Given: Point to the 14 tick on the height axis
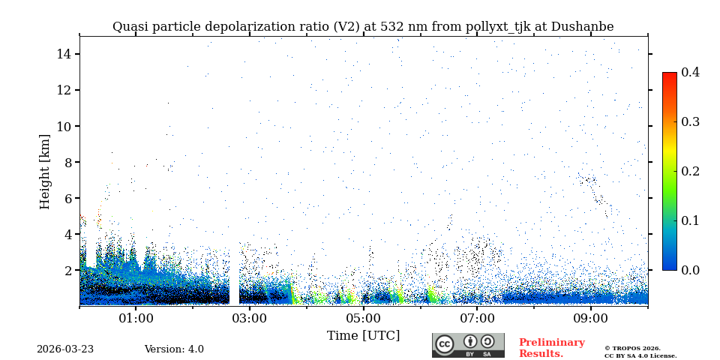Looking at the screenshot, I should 63,54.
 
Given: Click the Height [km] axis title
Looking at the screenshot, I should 45,171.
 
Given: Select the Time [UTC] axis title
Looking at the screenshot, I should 363,336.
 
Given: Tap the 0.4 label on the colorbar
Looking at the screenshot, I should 690,72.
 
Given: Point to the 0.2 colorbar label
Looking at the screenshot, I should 690,171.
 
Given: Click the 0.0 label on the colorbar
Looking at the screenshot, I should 690,270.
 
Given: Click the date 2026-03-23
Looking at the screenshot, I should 65,349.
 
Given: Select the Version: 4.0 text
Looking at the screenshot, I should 174,349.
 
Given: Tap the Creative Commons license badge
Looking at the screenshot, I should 468,345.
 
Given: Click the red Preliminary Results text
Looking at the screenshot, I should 551,348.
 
